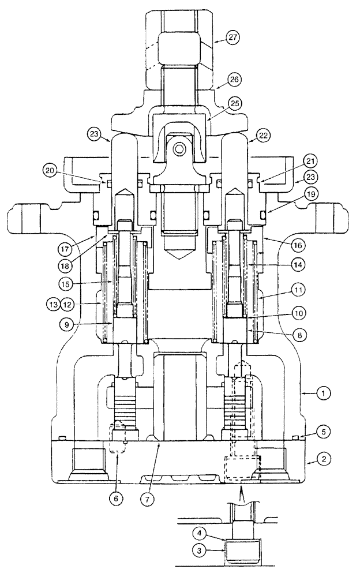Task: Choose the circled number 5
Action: point(326,431)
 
